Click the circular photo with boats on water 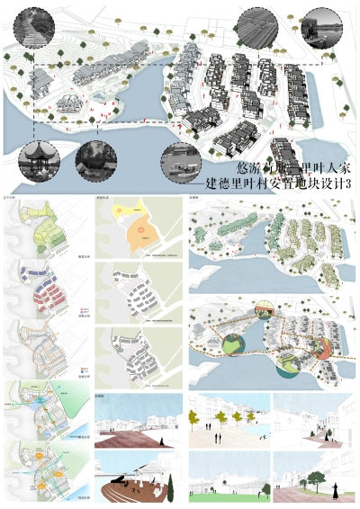tap(184, 164)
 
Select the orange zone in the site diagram tap(139, 237)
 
